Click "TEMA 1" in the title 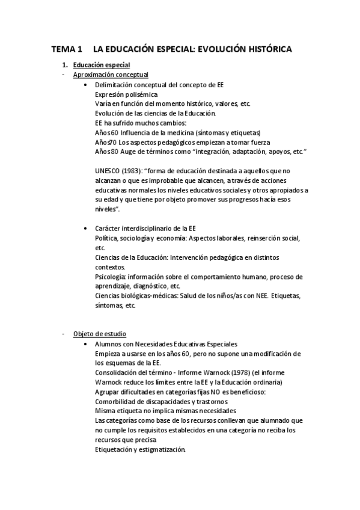[66, 49]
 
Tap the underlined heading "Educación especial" [102, 65]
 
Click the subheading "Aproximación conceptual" [111, 75]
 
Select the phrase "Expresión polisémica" [126, 94]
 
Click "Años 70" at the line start [106, 142]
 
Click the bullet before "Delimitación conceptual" [88, 85]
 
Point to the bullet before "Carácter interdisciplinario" [88, 229]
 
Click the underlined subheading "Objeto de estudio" [100, 334]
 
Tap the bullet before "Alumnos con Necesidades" [88, 343]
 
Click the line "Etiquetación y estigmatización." [140, 450]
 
